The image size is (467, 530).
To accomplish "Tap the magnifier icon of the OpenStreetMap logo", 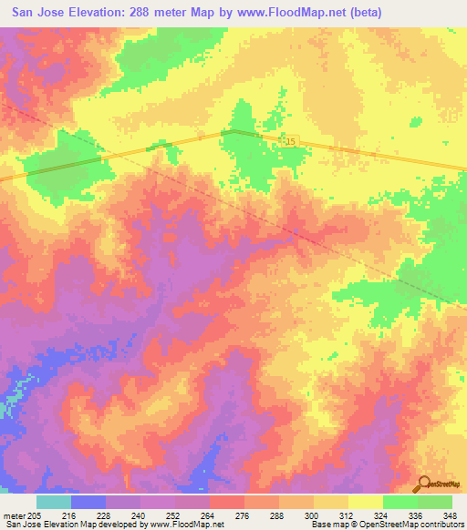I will [x=423, y=483].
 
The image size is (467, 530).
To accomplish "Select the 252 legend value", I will [x=175, y=515].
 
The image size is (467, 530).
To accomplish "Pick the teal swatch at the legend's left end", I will [x=54, y=502].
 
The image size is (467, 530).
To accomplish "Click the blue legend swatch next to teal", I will [x=88, y=502].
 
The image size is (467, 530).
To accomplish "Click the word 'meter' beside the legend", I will [x=13, y=515].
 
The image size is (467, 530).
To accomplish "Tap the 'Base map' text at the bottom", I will [x=330, y=525].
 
